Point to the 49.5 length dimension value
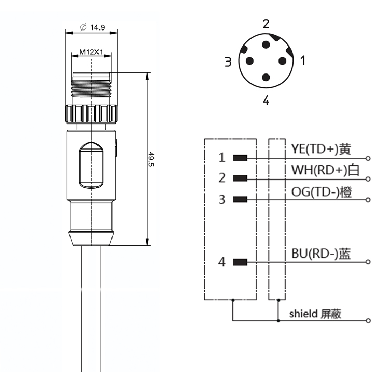click(152, 159)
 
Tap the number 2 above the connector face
click(266, 23)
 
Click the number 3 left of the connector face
click(228, 63)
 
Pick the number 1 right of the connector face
click(303, 60)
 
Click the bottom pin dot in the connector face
click(266, 78)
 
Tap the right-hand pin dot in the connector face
click(282, 61)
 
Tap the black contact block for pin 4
click(240, 262)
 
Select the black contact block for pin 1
click(240, 158)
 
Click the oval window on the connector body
click(92, 164)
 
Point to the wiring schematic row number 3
click(222, 199)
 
